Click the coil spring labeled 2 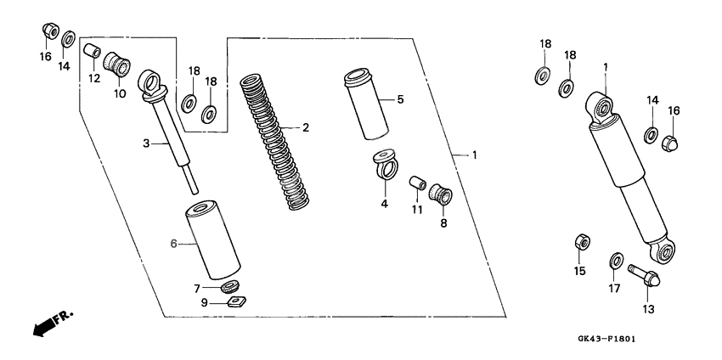[274, 143]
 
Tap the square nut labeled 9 [237, 302]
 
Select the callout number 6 [173, 244]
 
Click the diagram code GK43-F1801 [606, 340]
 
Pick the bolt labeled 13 [644, 276]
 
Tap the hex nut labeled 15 [583, 242]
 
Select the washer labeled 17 [616, 261]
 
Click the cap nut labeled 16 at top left [50, 31]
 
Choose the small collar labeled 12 [92, 51]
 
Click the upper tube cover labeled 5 [367, 104]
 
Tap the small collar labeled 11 [418, 183]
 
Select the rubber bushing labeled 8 [441, 194]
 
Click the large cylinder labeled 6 [212, 239]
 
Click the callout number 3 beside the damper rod [146, 143]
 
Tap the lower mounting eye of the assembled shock [663, 251]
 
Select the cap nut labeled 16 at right [670, 143]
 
